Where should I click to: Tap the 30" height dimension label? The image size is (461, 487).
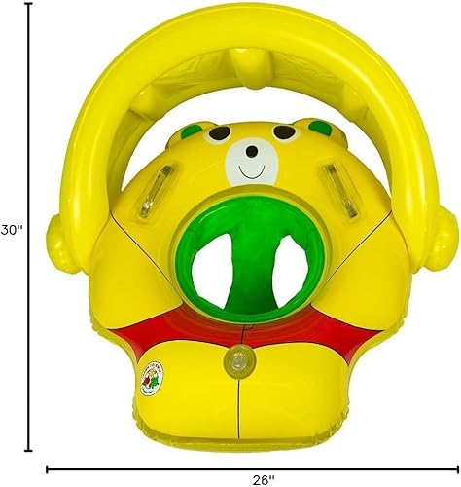click(12, 231)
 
